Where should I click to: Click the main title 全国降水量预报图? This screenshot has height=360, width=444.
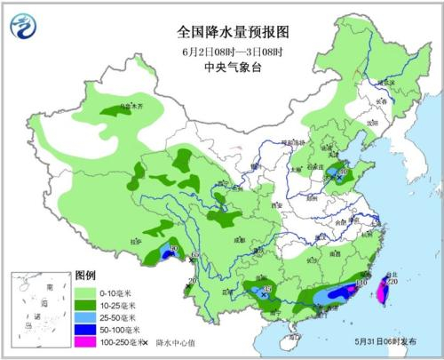coord(221,31)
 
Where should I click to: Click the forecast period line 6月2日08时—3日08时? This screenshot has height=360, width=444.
coord(221,50)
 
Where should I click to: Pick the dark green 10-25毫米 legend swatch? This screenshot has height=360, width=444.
coord(85,305)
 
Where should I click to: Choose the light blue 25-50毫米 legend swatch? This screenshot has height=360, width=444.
coord(85,317)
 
